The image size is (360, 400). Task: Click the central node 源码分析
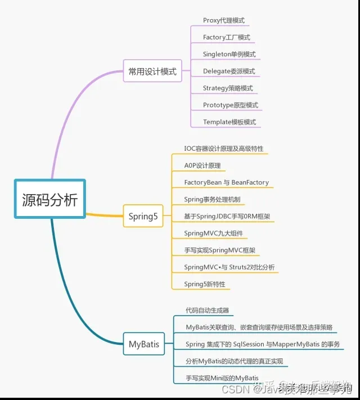(x=49, y=199)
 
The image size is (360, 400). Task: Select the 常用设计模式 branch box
(x=152, y=71)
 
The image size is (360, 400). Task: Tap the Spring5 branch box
(x=143, y=216)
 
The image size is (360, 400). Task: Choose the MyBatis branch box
(x=144, y=344)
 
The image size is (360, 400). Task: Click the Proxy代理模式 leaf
(x=224, y=20)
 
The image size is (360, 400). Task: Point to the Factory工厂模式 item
(x=227, y=37)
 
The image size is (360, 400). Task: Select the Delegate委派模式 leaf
(x=229, y=71)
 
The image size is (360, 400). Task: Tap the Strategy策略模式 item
(x=228, y=88)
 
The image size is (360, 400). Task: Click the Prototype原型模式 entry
(x=231, y=105)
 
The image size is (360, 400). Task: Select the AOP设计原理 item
(x=202, y=165)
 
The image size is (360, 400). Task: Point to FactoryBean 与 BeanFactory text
(x=227, y=182)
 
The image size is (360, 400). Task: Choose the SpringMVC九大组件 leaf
(x=214, y=233)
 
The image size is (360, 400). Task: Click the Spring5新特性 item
(x=205, y=284)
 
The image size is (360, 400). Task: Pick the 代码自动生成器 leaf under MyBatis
(x=208, y=310)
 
